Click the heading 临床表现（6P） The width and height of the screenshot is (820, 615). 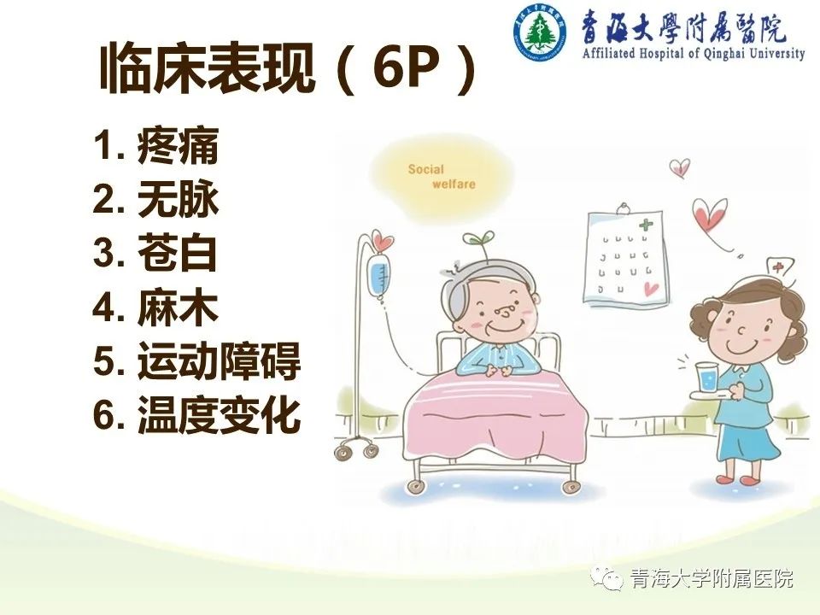287,68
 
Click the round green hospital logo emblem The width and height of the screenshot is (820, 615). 539,32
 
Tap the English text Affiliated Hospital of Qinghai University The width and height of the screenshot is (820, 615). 694,53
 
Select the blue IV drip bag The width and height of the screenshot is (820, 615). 379,277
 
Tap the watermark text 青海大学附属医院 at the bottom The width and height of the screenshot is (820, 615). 712,578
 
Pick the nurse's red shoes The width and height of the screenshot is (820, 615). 736,478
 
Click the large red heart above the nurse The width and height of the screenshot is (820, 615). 710,216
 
